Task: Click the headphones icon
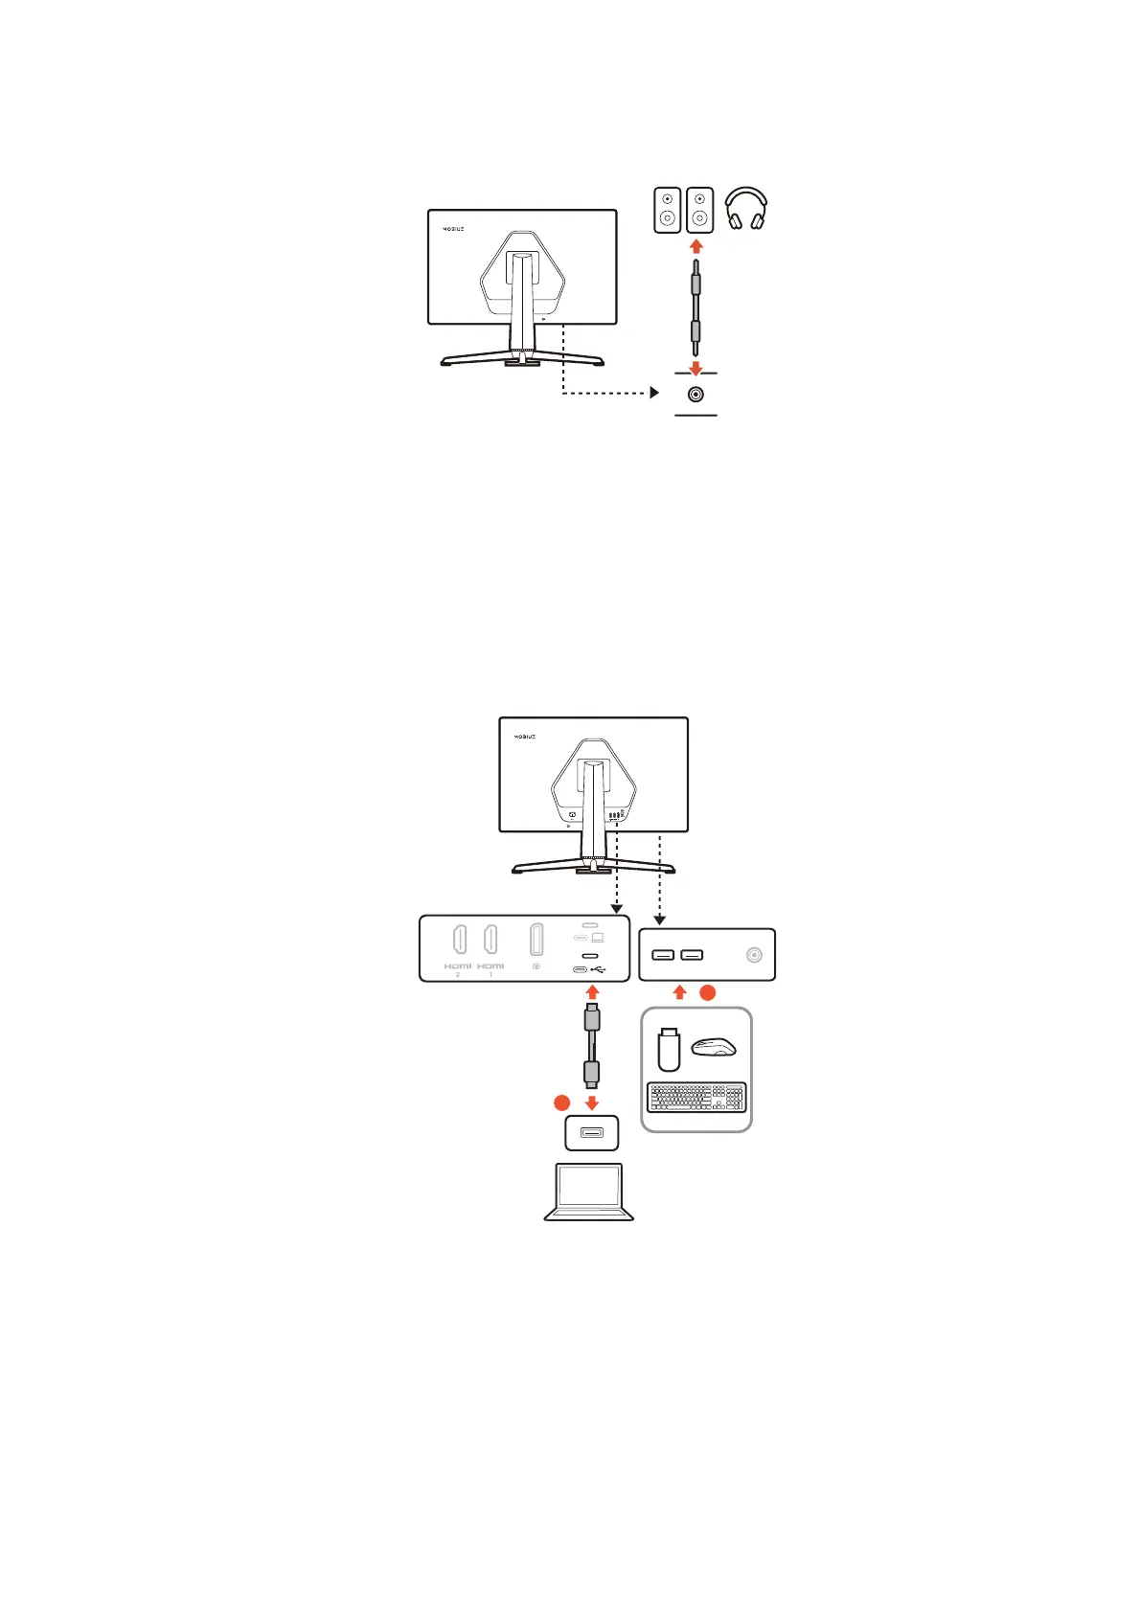click(745, 209)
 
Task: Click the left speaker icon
click(667, 210)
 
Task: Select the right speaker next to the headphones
click(700, 210)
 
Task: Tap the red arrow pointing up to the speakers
click(696, 246)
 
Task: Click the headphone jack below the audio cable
click(696, 394)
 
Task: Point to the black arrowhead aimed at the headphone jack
click(654, 393)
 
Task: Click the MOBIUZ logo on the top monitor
click(453, 229)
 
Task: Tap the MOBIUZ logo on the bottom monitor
click(525, 737)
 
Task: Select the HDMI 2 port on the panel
click(459, 940)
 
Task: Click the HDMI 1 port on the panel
click(490, 940)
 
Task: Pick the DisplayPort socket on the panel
click(536, 940)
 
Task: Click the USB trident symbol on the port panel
click(598, 969)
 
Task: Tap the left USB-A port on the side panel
click(663, 955)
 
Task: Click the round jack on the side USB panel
click(754, 955)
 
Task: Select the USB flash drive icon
click(669, 1049)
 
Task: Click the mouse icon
click(714, 1047)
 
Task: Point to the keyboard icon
click(695, 1098)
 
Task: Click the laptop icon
click(589, 1193)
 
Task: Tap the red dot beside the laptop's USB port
click(562, 1103)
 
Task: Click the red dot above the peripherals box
click(707, 993)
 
